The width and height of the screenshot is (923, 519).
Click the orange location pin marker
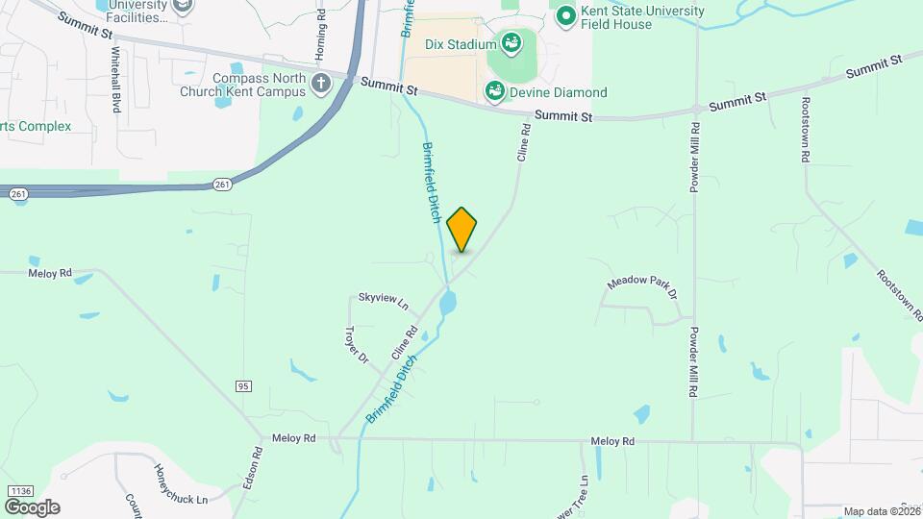coord(462,230)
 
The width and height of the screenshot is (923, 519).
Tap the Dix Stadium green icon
coord(511,42)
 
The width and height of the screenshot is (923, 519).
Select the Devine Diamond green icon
coord(495,92)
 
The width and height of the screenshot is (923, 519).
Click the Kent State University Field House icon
coord(566,16)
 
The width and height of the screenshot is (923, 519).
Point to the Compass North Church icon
coord(321,86)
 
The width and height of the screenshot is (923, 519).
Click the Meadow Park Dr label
coord(642,285)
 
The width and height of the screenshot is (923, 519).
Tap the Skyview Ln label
coord(384,301)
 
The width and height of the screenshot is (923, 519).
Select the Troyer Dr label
coord(357,344)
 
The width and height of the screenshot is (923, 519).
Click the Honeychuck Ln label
coord(182,485)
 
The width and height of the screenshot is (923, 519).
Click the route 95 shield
coord(243,385)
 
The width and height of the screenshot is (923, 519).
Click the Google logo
coord(32,507)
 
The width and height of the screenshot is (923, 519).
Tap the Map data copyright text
coord(882,511)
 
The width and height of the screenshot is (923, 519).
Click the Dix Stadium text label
coord(461,43)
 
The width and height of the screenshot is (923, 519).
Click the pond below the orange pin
coord(447,305)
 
